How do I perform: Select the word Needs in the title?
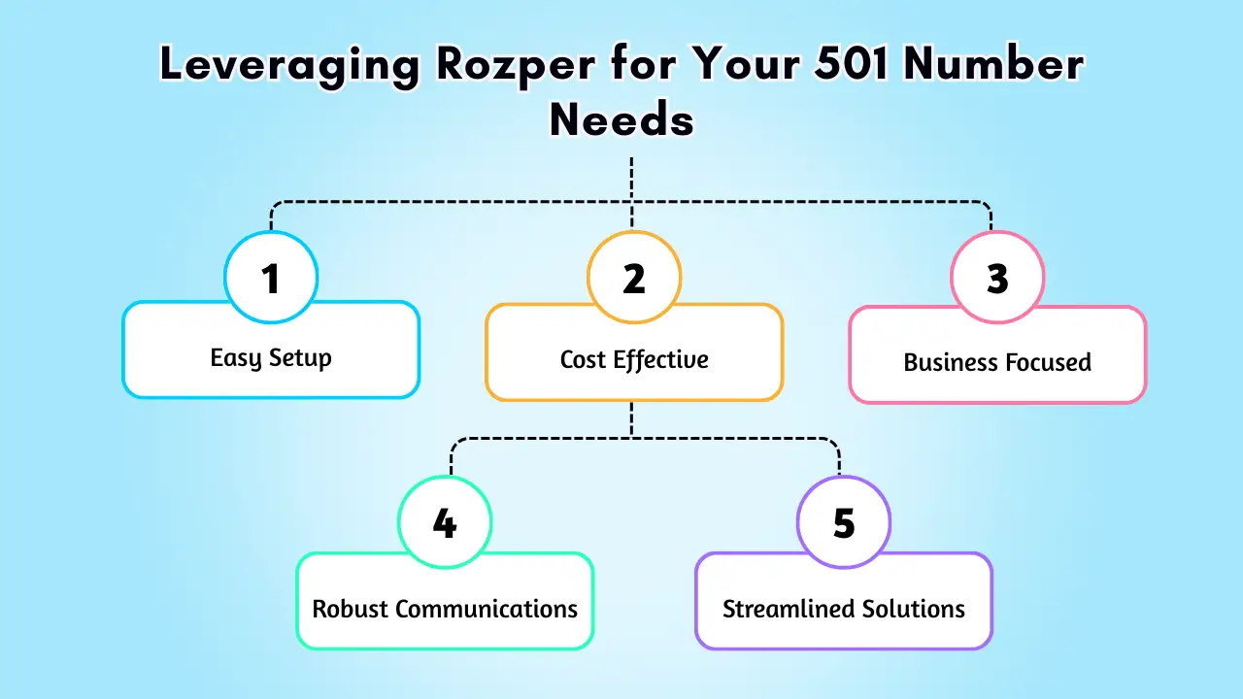(x=621, y=120)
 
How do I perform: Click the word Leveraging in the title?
(x=289, y=66)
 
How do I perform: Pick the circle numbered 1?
(x=271, y=279)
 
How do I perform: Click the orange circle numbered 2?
(x=634, y=279)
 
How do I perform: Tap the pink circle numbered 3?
(x=997, y=279)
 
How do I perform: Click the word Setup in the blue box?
(x=300, y=358)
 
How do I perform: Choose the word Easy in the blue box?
(x=237, y=358)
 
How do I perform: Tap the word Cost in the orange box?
(x=584, y=360)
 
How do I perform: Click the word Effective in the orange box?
(x=661, y=360)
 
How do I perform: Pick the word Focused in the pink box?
(x=1050, y=363)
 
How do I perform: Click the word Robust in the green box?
(x=350, y=610)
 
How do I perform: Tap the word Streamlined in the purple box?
(x=784, y=610)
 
